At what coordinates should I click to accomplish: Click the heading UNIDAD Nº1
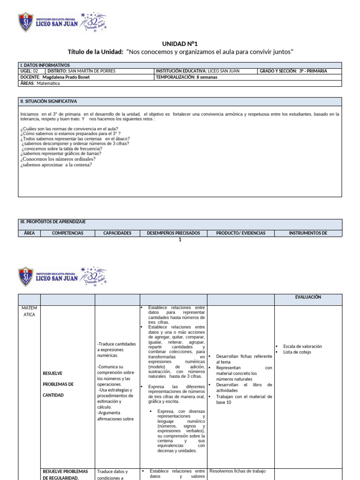pyautogui.click(x=180, y=43)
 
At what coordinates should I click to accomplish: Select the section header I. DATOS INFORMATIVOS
pyautogui.click(x=45, y=65)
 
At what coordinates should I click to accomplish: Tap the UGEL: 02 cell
pyautogui.click(x=30, y=71)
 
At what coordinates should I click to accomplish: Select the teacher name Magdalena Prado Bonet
pyautogui.click(x=66, y=77)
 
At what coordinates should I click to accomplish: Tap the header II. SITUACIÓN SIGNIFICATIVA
pyautogui.click(x=48, y=101)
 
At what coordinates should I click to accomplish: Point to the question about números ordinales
pyautogui.click(x=58, y=159)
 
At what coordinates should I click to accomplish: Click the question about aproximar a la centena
pyautogui.click(x=56, y=165)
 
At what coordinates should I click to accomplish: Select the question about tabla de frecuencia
pyautogui.click(x=62, y=149)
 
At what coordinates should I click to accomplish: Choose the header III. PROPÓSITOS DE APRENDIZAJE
pyautogui.click(x=52, y=222)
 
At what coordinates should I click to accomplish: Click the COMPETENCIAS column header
pyautogui.click(x=67, y=233)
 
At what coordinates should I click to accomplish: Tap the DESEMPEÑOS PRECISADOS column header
pyautogui.click(x=173, y=233)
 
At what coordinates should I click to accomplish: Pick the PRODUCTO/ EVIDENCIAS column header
pyautogui.click(x=240, y=233)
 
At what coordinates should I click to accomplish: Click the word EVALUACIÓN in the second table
pyautogui.click(x=308, y=297)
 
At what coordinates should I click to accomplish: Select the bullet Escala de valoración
pyautogui.click(x=302, y=346)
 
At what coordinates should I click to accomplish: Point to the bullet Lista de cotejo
pyautogui.click(x=297, y=352)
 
